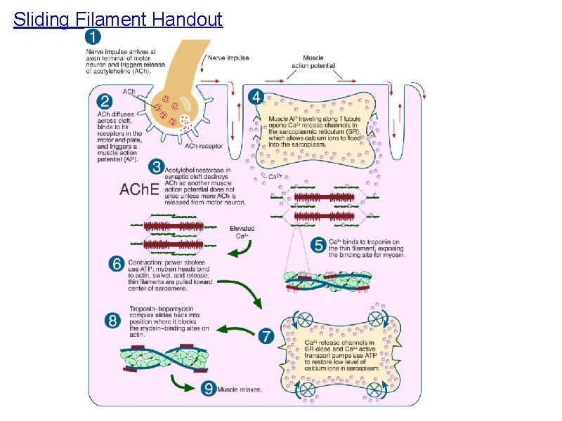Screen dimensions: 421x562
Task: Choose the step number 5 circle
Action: (318, 246)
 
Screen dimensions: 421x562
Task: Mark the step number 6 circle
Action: (117, 264)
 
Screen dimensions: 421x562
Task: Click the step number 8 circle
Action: (113, 320)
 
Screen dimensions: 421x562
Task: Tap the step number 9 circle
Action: (209, 388)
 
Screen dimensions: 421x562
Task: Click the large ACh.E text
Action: (141, 189)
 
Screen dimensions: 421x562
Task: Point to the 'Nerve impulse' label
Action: (229, 58)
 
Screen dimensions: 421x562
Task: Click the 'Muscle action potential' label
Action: (313, 62)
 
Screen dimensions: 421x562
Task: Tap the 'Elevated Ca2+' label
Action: (242, 232)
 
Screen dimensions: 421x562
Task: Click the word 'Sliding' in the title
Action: (40, 19)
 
